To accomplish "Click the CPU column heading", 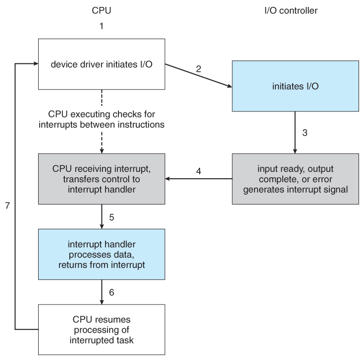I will pyautogui.click(x=101, y=9).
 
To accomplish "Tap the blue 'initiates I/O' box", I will pyautogui.click(x=295, y=85).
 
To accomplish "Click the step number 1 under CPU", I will pyautogui.click(x=101, y=25).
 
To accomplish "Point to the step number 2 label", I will pyautogui.click(x=199, y=68).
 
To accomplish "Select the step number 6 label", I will pyautogui.click(x=112, y=292).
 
